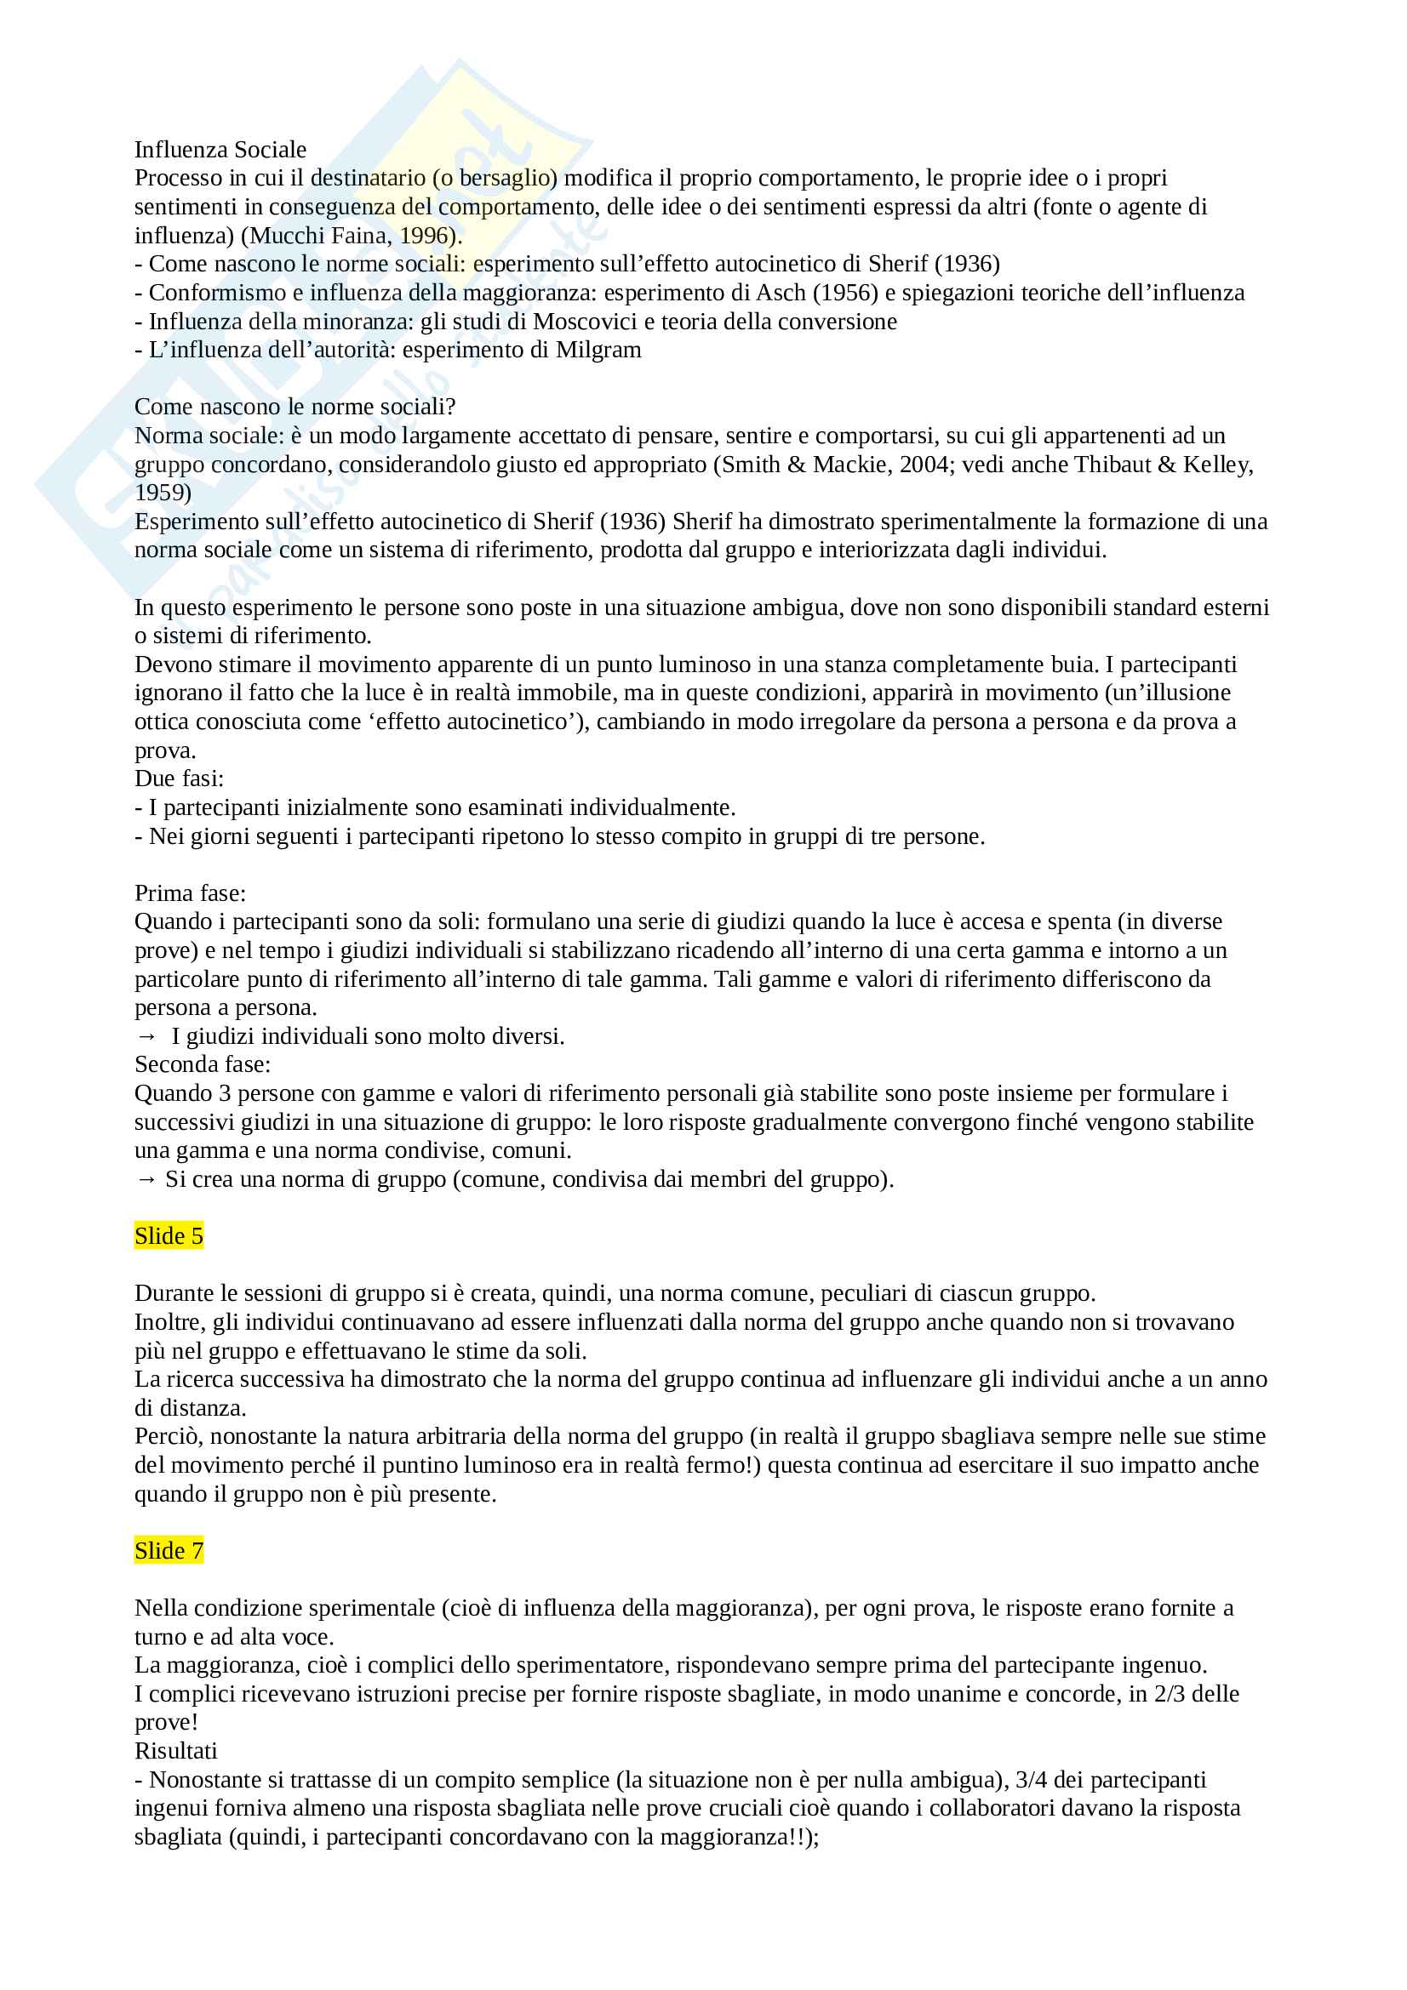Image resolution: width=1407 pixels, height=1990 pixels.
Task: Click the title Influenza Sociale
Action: coord(220,150)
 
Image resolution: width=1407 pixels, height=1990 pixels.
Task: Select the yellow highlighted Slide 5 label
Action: coord(169,1236)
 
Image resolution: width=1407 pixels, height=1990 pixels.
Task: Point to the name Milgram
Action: coord(598,351)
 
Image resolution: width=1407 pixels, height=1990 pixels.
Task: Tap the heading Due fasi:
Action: coord(180,778)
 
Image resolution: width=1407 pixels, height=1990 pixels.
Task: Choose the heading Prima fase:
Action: coord(190,892)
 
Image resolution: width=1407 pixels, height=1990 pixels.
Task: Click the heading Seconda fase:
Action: coord(202,1064)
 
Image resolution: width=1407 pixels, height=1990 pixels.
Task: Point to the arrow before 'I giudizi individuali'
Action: coord(146,1036)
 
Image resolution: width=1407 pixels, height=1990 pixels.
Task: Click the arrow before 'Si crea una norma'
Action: coord(146,1179)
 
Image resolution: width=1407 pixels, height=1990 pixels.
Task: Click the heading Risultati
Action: coord(176,1751)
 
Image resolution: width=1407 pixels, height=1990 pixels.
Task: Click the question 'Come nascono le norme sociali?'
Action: coord(295,408)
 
